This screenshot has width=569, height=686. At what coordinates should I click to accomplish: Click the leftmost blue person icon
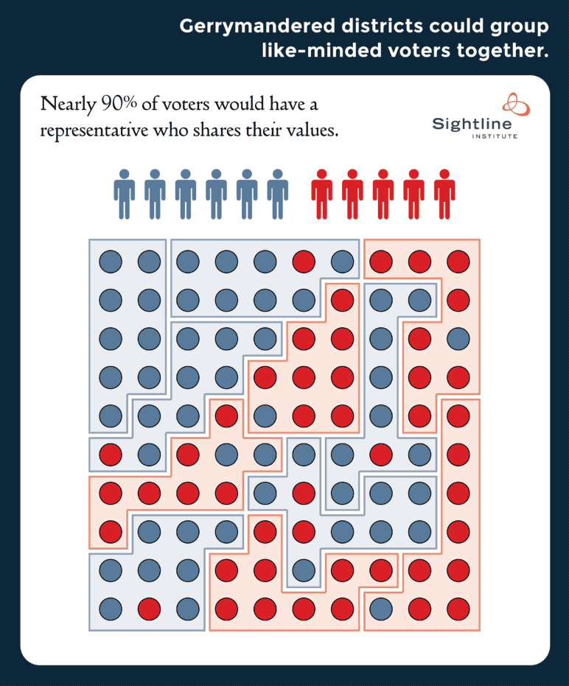(125, 194)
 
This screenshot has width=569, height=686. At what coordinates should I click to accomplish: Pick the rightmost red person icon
(444, 194)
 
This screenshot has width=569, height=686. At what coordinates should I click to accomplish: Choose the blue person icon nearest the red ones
(277, 194)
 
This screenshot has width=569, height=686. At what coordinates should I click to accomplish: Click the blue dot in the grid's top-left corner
(110, 261)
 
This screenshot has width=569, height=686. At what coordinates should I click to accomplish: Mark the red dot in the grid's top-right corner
(458, 261)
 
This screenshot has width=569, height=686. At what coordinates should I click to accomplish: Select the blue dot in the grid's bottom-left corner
(110, 609)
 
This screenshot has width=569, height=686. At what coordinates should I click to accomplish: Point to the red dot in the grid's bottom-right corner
(458, 609)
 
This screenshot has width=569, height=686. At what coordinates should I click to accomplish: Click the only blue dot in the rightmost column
(458, 338)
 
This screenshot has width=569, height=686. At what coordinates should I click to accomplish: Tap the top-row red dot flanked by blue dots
(304, 261)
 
